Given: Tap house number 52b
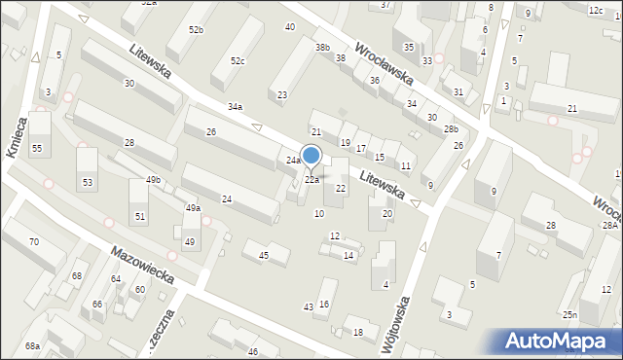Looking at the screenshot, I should click(x=197, y=30).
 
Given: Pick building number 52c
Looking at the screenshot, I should click(x=238, y=61).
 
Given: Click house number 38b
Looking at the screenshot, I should click(x=322, y=47).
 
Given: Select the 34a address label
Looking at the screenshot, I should click(x=235, y=106).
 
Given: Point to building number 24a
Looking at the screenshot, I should click(x=293, y=160).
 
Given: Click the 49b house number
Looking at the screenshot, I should click(x=153, y=180).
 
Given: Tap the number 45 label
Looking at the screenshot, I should click(x=263, y=255).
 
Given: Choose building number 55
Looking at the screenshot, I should click(x=37, y=148).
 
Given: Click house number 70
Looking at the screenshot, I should click(x=34, y=241).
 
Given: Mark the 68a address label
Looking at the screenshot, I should click(x=33, y=346).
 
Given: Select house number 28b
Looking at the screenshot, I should click(x=451, y=129).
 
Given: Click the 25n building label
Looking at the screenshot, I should click(x=569, y=315).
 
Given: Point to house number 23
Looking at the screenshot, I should click(x=282, y=94).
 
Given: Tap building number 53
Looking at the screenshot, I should click(x=88, y=183).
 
